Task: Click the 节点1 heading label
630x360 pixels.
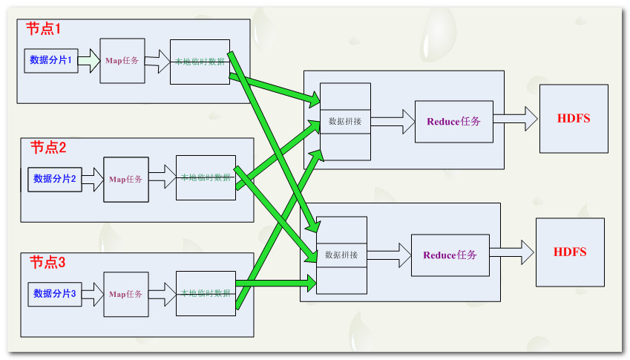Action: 43,29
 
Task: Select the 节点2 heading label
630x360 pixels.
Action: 48,147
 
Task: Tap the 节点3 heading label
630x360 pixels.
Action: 48,262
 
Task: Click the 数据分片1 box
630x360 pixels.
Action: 51,60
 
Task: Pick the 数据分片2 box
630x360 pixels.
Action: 55,179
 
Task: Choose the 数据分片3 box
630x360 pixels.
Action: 55,293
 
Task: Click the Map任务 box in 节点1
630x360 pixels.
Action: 122,60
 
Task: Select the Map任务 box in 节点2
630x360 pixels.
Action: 126,179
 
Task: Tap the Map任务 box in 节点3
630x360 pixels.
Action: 126,294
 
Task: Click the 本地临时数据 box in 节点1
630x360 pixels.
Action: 200,62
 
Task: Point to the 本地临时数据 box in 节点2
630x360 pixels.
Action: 206,177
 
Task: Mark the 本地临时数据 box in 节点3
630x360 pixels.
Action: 206,293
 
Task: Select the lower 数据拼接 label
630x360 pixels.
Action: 341,255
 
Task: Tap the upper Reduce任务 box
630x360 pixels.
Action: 454,122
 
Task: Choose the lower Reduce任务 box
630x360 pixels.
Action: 450,255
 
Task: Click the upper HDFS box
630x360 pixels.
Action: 574,119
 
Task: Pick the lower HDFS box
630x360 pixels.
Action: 570,252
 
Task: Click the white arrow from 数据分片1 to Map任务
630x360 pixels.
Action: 88,60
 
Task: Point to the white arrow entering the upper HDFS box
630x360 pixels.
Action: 516,118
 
